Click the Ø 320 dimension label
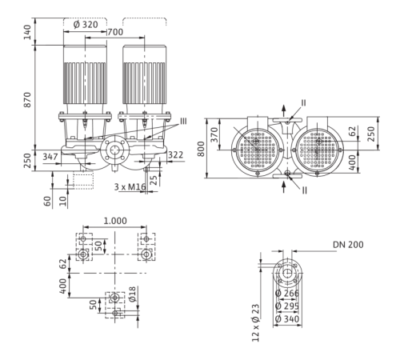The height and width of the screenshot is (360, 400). tap(86, 25)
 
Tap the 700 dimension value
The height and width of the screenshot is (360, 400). tap(116, 32)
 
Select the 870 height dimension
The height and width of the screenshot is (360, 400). tap(27, 100)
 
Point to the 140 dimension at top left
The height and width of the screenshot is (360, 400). tap(27, 32)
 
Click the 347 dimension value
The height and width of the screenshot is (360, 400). tap(50, 157)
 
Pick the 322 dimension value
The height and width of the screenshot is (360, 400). tap(176, 155)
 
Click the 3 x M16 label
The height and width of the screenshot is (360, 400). tap(130, 187)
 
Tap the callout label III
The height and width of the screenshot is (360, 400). tap(183, 122)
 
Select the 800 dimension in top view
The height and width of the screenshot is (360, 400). tap(201, 149)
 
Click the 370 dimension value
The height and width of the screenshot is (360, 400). tap(214, 134)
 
